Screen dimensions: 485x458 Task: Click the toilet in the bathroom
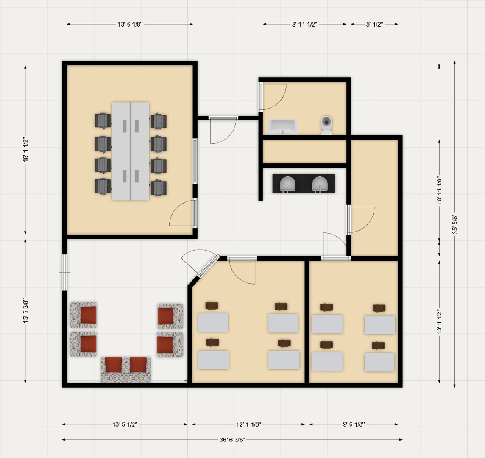coord(326,125)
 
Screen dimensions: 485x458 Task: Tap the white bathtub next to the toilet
coord(283,127)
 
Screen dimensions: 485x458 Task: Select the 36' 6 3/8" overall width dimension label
coord(232,439)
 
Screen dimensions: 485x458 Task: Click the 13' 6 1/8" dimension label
coord(130,24)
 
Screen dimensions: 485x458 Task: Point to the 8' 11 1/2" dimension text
coord(304,24)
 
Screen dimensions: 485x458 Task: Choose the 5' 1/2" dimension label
coord(374,24)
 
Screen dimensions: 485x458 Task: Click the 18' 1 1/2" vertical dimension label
coord(26,150)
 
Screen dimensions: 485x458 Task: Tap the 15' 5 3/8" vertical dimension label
coord(26,311)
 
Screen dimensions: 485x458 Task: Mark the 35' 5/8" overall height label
coord(454,224)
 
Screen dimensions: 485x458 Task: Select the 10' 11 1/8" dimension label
coord(439,190)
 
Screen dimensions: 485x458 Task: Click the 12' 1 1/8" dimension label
coord(249,424)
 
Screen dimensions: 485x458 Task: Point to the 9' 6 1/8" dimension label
coord(354,424)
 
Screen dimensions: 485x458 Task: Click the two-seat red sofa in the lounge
coord(125,369)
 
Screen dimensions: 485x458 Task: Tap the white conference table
coord(131,151)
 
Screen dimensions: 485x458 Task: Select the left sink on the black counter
coord(288,184)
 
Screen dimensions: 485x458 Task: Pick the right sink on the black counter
coord(320,184)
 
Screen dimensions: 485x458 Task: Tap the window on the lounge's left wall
coord(64,272)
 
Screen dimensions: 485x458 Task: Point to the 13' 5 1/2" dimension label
coord(125,424)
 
